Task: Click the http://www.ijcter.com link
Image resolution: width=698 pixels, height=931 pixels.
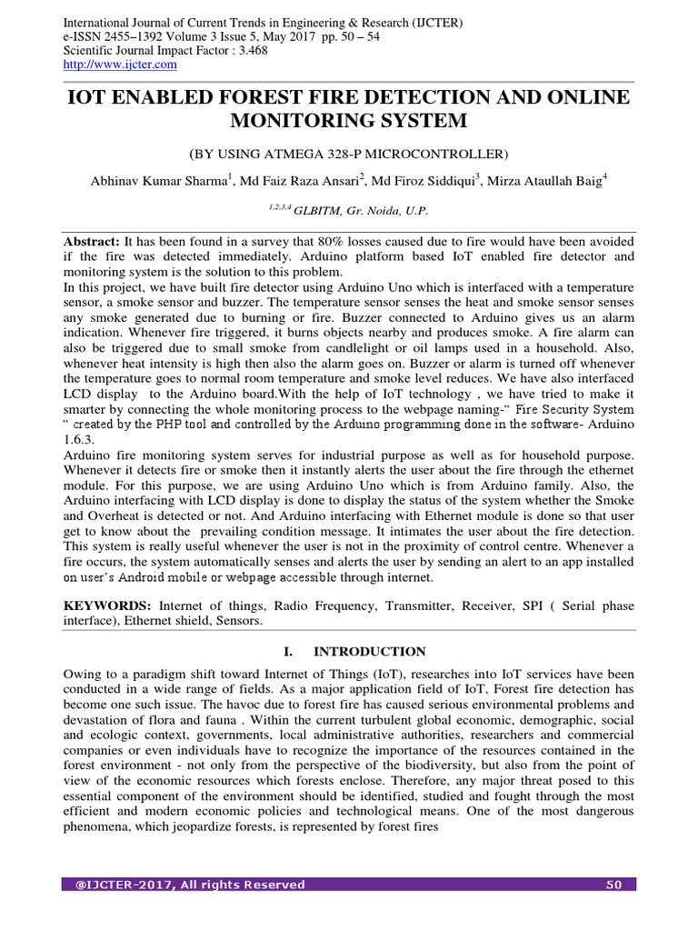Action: point(120,65)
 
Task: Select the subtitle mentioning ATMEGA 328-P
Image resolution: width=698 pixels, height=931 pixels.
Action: point(349,154)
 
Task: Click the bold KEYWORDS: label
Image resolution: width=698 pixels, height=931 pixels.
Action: point(106,605)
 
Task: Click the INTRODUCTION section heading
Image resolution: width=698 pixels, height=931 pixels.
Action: point(369,651)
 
